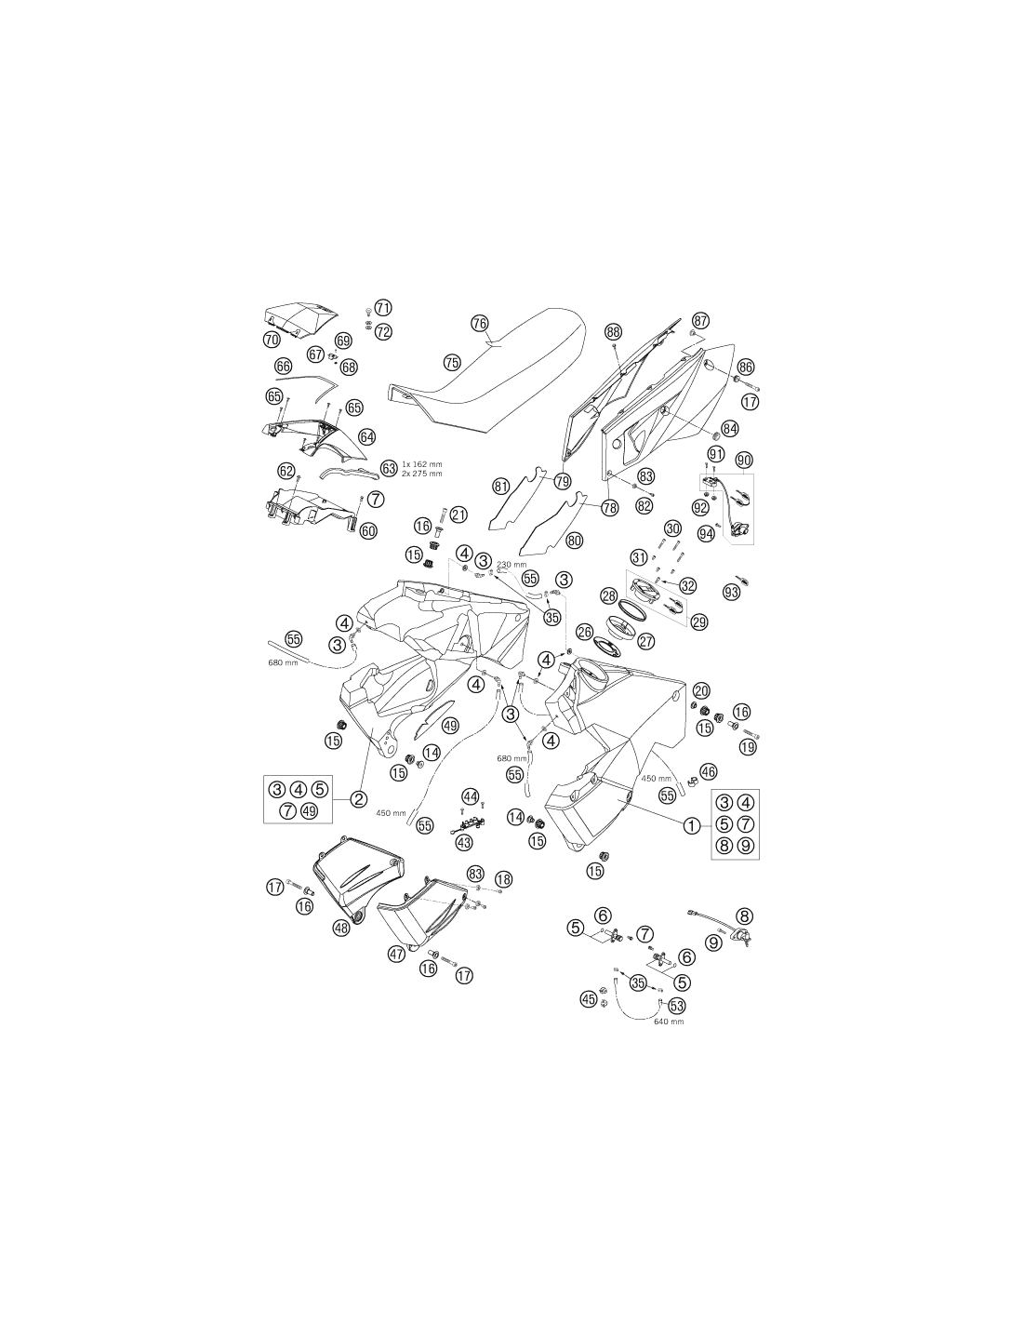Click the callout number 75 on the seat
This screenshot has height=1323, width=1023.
tap(452, 363)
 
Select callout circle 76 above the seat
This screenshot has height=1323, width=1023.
tap(480, 323)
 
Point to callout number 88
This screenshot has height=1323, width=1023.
tap(614, 332)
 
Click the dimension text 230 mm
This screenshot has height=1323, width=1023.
tap(511, 565)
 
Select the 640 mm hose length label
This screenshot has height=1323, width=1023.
tap(669, 1021)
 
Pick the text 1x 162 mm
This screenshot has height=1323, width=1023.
tap(421, 464)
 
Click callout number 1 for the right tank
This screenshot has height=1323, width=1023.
tap(691, 825)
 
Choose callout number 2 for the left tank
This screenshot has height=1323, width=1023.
tap(359, 799)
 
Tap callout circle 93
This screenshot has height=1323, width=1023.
tap(731, 591)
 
